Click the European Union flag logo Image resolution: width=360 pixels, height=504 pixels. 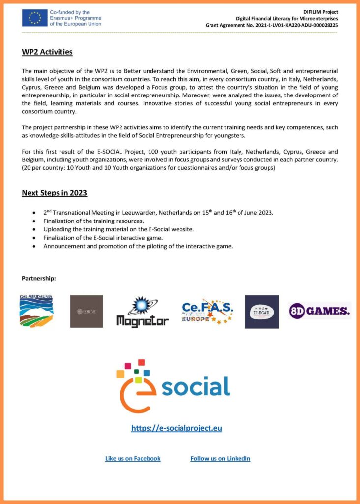click(34, 18)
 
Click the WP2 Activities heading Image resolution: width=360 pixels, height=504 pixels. click(47, 52)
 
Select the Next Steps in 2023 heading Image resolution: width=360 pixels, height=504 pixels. click(54, 193)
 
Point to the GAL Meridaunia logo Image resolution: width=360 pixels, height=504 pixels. click(36, 311)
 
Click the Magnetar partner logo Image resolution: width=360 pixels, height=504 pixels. click(142, 312)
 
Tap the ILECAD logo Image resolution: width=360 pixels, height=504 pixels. click(262, 312)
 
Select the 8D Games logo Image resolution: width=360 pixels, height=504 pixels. click(319, 311)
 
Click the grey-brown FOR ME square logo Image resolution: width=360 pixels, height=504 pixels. click(87, 312)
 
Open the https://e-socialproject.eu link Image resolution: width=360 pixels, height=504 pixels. click(177, 428)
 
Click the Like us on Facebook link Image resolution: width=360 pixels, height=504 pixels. click(133, 458)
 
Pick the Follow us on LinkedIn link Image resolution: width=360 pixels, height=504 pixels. click(220, 458)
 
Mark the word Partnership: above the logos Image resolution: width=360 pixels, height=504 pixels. click(39, 279)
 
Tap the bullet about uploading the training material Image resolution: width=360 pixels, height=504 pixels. click(119, 229)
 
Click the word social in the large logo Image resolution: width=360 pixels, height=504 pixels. click(195, 387)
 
